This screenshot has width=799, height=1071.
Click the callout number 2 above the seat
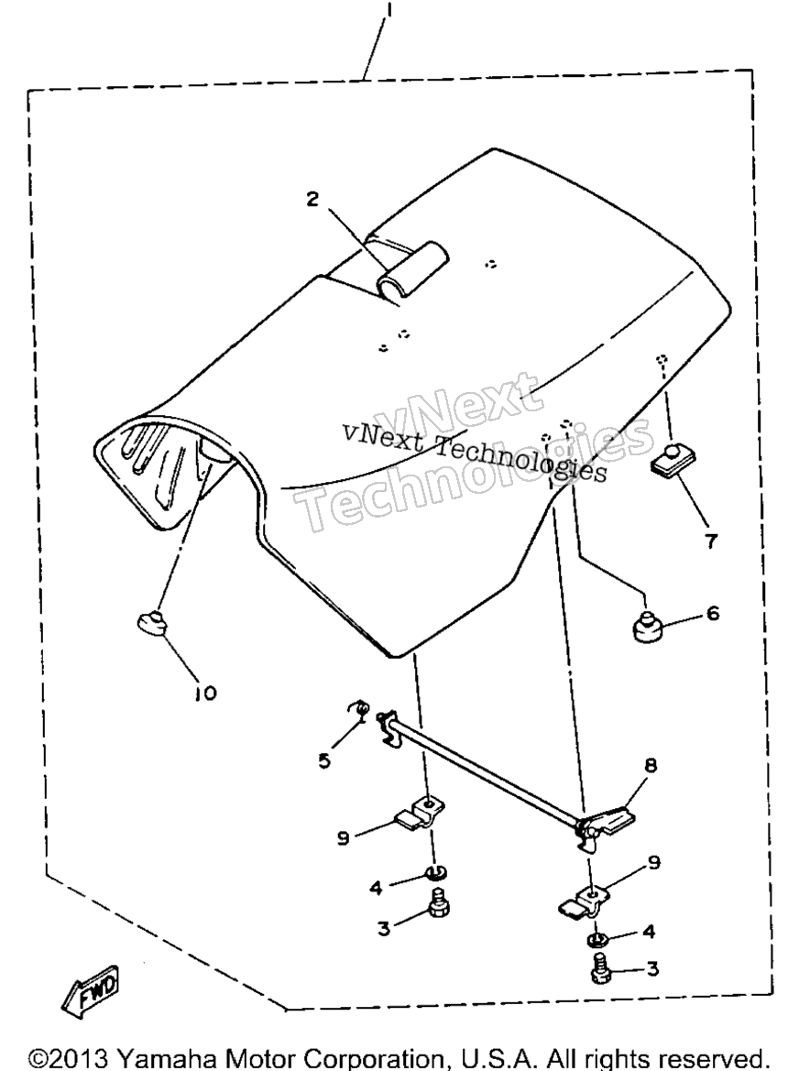coord(312,200)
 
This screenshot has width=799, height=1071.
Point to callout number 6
coord(712,613)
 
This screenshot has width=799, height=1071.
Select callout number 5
coord(324,760)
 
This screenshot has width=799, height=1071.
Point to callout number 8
coord(650,765)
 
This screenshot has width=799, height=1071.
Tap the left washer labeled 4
coord(433,871)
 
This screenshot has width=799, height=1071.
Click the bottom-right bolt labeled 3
coord(599,970)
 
